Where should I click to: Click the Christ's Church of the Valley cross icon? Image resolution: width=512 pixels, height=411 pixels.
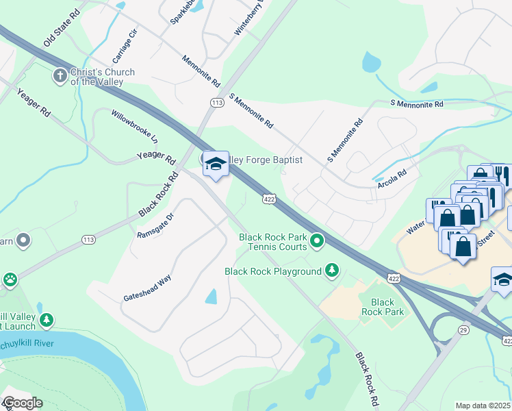tap(61, 76)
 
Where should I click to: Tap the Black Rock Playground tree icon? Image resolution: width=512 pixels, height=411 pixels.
tap(332, 271)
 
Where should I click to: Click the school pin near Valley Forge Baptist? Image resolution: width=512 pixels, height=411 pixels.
tap(216, 164)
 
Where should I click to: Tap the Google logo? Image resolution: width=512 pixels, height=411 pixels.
tap(22, 403)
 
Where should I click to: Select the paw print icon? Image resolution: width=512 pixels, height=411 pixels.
tap(10, 279)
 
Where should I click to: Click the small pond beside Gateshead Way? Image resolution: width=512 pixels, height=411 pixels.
tap(211, 297)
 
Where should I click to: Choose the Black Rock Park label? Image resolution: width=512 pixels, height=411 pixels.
tap(383, 307)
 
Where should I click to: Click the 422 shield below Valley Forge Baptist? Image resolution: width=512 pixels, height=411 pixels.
tap(269, 199)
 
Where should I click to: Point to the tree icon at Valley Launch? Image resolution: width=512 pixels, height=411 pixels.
tap(47, 321)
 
